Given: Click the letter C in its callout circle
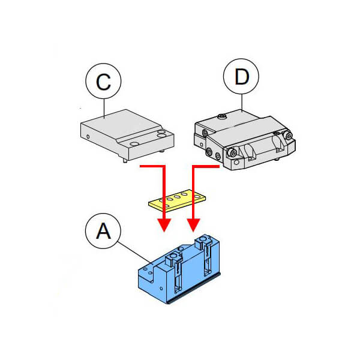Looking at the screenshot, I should (104, 82).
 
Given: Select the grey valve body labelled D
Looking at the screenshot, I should (246, 141).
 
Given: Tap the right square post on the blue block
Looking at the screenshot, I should (205, 242).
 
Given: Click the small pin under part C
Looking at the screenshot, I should (123, 159).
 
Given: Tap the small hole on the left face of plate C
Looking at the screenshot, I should (89, 136).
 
